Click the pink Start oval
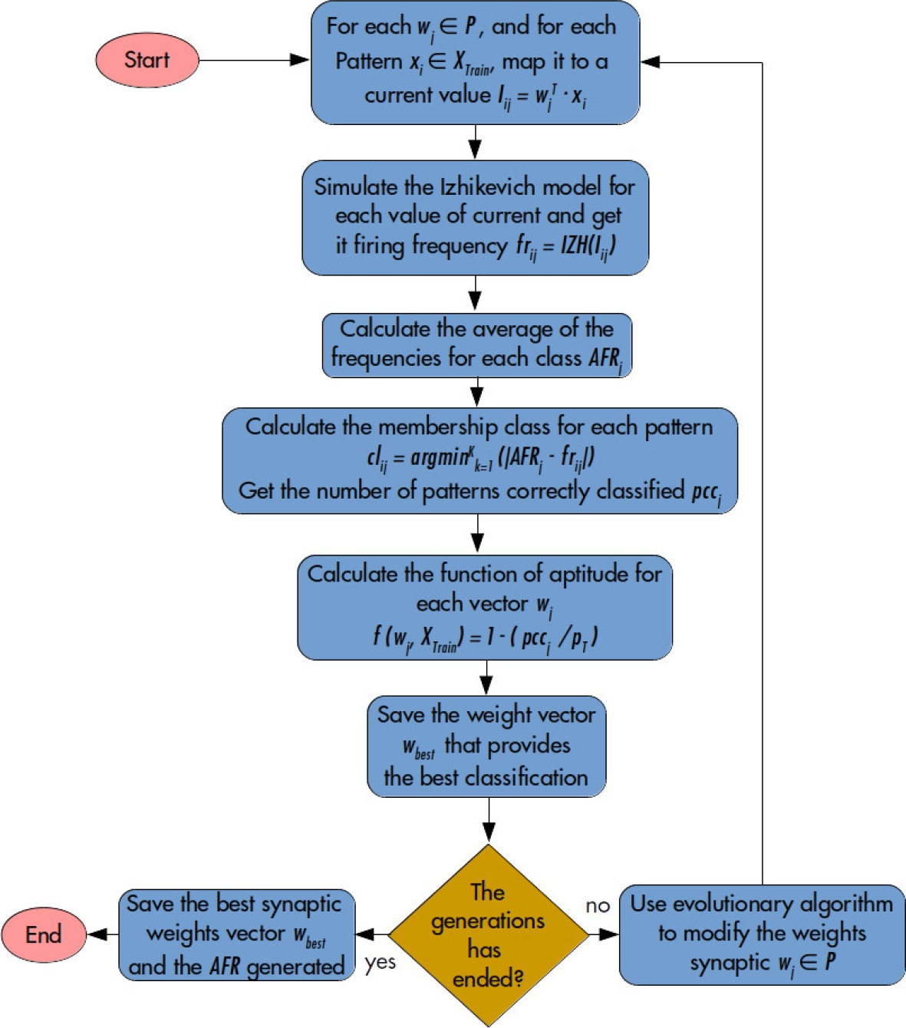click(147, 60)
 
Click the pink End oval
click(44, 934)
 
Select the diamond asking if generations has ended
click(488, 935)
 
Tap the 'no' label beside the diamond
click(598, 906)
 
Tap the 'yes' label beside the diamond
click(381, 962)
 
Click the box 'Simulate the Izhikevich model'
click(475, 217)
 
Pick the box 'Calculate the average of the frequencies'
click(476, 345)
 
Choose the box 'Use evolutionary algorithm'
click(762, 934)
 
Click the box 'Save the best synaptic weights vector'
click(237, 934)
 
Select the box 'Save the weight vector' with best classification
click(486, 746)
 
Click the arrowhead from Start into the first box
click(301, 60)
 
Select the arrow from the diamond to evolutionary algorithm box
click(604, 934)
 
